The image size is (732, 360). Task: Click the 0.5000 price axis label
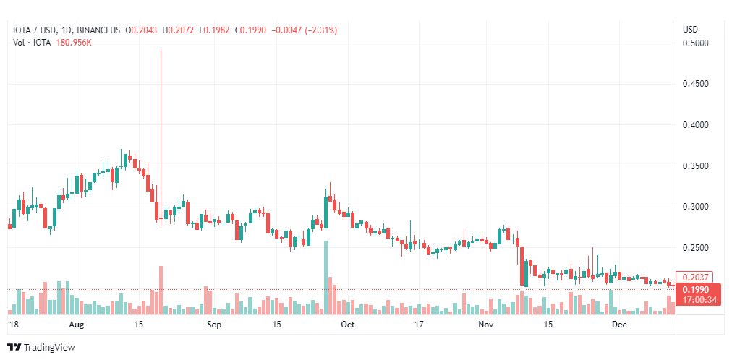point(695,43)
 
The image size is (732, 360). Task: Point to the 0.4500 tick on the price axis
point(695,84)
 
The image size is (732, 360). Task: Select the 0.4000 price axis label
point(695,125)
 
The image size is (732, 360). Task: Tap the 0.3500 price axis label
point(695,166)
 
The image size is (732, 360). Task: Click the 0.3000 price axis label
point(695,207)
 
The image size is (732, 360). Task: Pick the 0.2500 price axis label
point(695,248)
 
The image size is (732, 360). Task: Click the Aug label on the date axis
point(75,325)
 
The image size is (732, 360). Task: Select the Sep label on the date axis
point(213,325)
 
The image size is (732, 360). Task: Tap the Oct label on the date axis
point(348,325)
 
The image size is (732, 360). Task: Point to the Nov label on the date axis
point(486,325)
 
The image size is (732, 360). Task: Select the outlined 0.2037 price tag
point(695,277)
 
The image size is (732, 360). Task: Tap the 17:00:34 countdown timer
point(695,300)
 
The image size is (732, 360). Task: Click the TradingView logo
point(41,348)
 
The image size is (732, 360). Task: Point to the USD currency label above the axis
point(691,30)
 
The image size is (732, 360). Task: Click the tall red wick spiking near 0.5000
point(160,108)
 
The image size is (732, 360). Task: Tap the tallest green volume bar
point(325,278)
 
